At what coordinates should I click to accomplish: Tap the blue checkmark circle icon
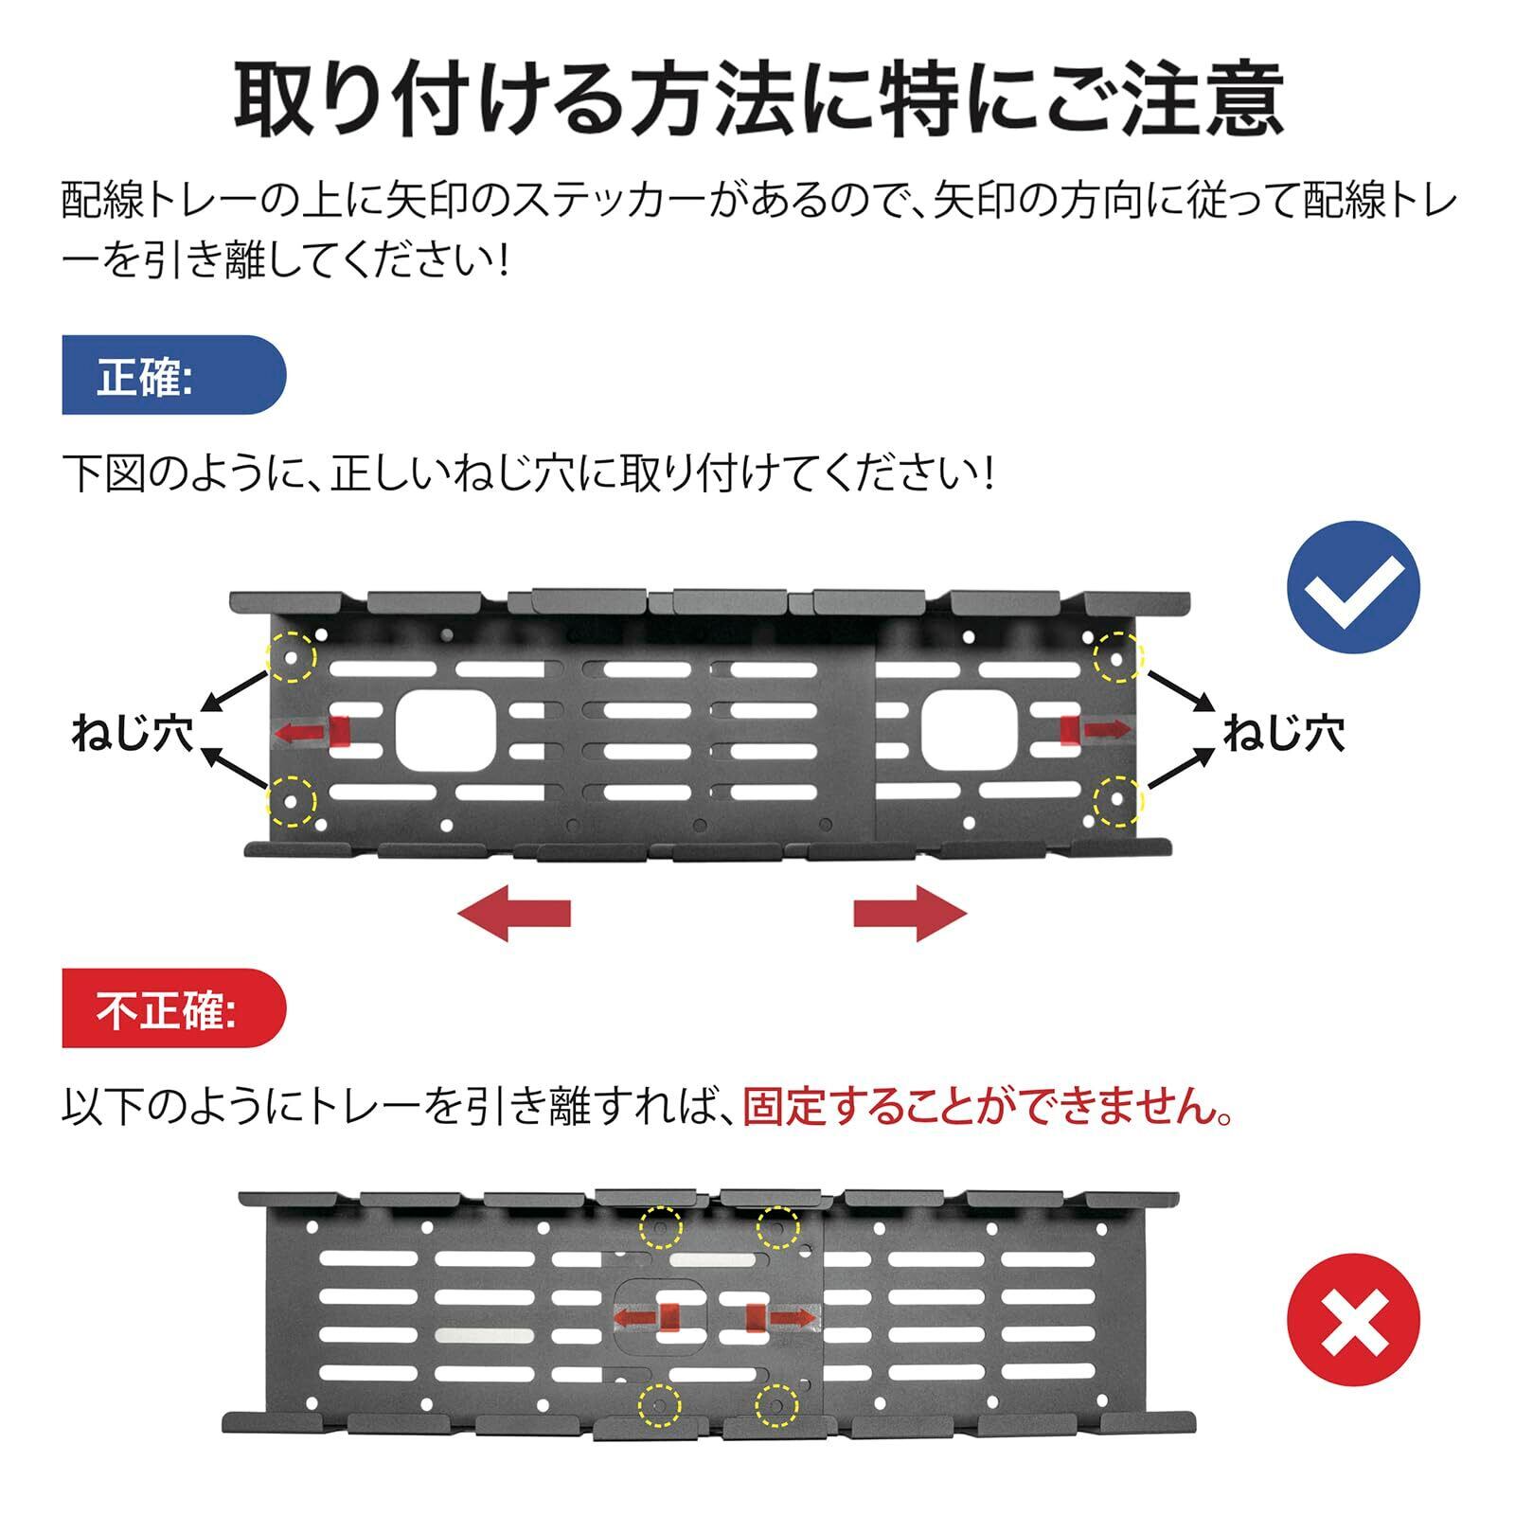[1353, 586]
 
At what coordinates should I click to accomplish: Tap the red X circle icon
[1353, 1320]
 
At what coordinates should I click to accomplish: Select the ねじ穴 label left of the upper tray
[133, 734]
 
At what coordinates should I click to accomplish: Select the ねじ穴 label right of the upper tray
[1283, 734]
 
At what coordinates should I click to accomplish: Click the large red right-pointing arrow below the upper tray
[910, 914]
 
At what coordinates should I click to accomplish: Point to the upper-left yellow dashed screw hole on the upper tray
[292, 657]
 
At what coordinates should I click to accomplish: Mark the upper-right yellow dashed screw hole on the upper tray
[1118, 657]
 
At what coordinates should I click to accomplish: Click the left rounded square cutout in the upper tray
[446, 730]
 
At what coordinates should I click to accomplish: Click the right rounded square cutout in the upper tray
[971, 728]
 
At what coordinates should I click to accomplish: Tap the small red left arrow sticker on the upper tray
[312, 731]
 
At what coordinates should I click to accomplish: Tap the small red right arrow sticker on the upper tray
[1096, 728]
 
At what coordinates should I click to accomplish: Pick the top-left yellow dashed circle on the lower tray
[660, 1229]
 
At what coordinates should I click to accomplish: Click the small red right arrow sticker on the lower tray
[780, 1317]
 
